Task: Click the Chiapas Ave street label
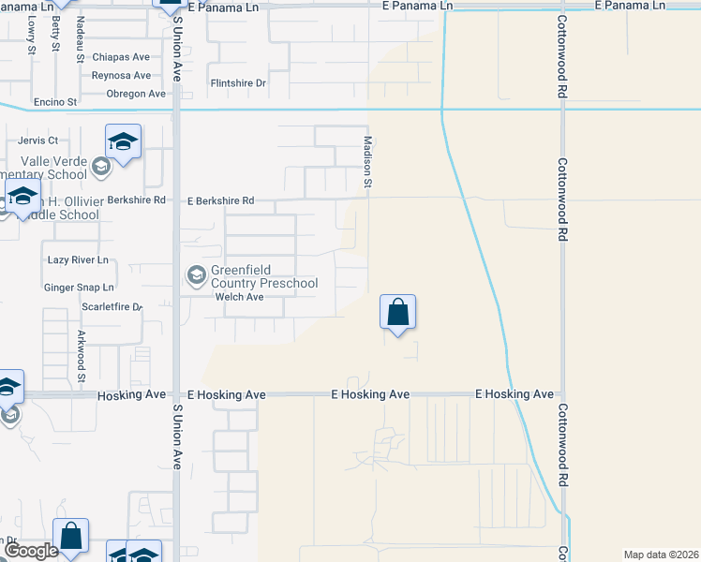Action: click(121, 57)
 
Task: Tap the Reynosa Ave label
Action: click(121, 75)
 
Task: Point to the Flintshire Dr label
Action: click(239, 83)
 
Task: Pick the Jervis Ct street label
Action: click(38, 140)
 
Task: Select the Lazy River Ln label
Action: click(78, 259)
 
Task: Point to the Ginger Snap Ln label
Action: click(79, 288)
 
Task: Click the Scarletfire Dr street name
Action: click(112, 306)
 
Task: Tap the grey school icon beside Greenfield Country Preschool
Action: click(196, 274)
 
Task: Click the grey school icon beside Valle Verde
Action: click(99, 169)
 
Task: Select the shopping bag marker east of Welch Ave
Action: click(397, 312)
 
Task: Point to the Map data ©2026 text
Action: click(661, 555)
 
